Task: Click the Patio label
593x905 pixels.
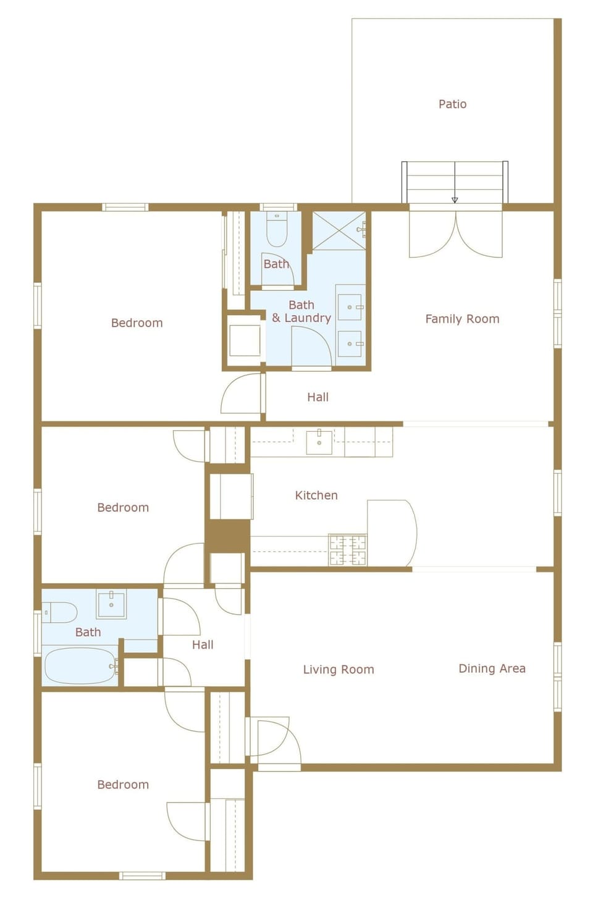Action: pyautogui.click(x=452, y=104)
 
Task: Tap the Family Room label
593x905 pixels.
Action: pyautogui.click(x=462, y=319)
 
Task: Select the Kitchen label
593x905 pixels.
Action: pyautogui.click(x=316, y=495)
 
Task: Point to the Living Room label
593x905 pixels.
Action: pyautogui.click(x=339, y=670)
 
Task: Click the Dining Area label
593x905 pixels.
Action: pyautogui.click(x=492, y=668)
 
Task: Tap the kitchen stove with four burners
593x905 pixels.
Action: pyautogui.click(x=347, y=550)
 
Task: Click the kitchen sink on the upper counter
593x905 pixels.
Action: pyautogui.click(x=319, y=442)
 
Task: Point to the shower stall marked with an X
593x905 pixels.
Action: pyautogui.click(x=339, y=231)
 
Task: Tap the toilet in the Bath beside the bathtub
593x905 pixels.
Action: pyautogui.click(x=60, y=613)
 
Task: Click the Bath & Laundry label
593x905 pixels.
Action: pyautogui.click(x=301, y=311)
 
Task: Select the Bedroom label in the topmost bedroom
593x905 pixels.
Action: pyautogui.click(x=137, y=323)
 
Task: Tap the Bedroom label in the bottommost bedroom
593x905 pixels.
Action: pyautogui.click(x=123, y=785)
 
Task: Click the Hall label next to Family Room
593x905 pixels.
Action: pyautogui.click(x=318, y=397)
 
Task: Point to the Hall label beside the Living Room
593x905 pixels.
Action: pyautogui.click(x=203, y=645)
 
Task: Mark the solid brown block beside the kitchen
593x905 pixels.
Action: pyautogui.click(x=227, y=536)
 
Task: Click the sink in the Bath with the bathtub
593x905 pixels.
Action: pyautogui.click(x=111, y=604)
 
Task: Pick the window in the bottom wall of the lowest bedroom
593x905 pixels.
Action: pyautogui.click(x=142, y=875)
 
